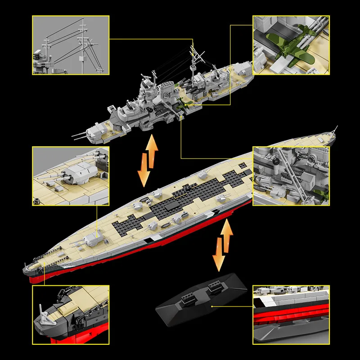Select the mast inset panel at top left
[x=70, y=45]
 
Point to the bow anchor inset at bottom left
[x=70, y=312]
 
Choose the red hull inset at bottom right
[x=291, y=312]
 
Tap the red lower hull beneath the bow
[x=38, y=279]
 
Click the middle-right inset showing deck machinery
[x=291, y=175]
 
